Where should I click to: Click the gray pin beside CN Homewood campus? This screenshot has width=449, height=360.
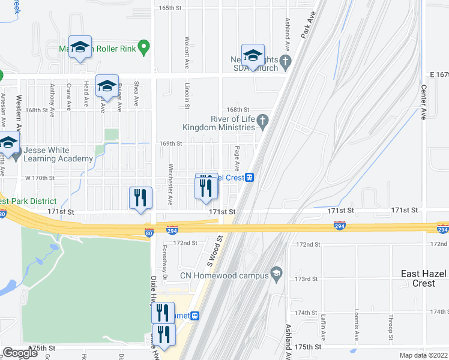276,274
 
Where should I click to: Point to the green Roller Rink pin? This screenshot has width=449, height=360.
143,47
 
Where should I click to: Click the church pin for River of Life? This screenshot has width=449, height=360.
262,122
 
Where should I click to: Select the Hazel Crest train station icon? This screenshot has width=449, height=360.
249,178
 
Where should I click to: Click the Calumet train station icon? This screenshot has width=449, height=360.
195,316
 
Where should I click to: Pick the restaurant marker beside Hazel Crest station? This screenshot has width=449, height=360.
206,187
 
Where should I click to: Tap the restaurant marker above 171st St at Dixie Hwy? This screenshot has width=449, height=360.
140,198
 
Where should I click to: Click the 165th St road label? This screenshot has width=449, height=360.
170,8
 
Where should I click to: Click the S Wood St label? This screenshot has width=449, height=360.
214,251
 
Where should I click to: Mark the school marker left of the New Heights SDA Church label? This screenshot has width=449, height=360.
253,55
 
